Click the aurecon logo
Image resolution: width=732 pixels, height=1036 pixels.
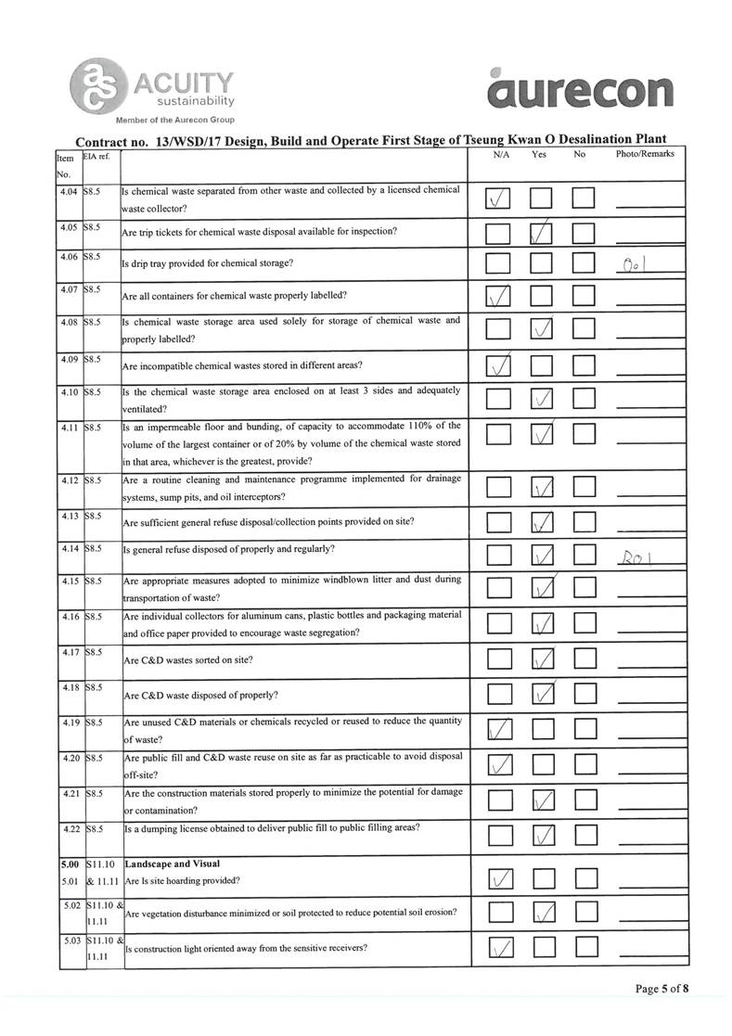[581, 90]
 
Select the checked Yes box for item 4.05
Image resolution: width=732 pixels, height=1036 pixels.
[543, 233]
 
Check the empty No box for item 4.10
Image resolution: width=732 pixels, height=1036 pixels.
[584, 400]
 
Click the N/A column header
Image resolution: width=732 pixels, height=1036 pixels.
[501, 154]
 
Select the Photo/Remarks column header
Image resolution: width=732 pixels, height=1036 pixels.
[645, 154]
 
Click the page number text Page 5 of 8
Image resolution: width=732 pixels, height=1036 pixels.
[662, 989]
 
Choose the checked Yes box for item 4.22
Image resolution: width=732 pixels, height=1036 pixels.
[543, 837]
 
